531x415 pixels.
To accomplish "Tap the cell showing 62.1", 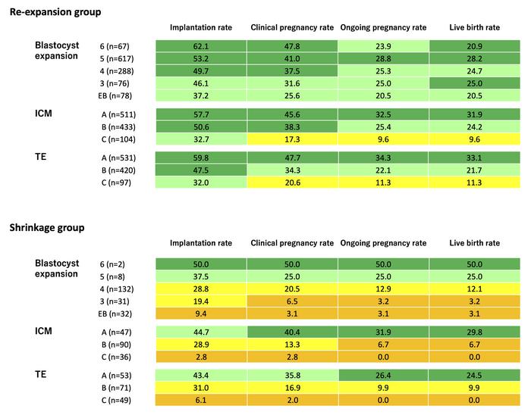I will pos(202,46).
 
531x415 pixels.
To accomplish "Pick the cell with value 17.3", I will pos(293,140).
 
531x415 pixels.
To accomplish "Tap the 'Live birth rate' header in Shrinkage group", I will pos(475,243).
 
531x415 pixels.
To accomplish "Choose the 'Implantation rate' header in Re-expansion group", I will pos(202,28).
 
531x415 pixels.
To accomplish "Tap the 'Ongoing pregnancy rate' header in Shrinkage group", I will pos(383,243).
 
